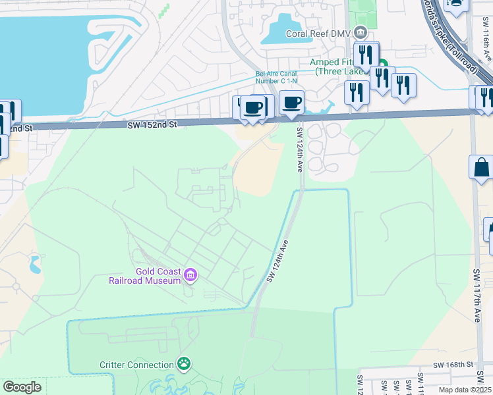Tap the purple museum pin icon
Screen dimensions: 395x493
click(x=190, y=275)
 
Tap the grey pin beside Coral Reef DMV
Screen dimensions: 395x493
click(x=360, y=32)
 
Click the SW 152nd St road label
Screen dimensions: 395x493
click(x=153, y=124)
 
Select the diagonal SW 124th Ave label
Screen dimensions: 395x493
click(x=278, y=262)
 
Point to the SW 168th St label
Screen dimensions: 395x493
click(x=453, y=364)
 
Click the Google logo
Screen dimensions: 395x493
click(x=22, y=387)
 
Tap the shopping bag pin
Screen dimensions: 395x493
click(x=482, y=167)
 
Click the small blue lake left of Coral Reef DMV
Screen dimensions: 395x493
click(x=287, y=30)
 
